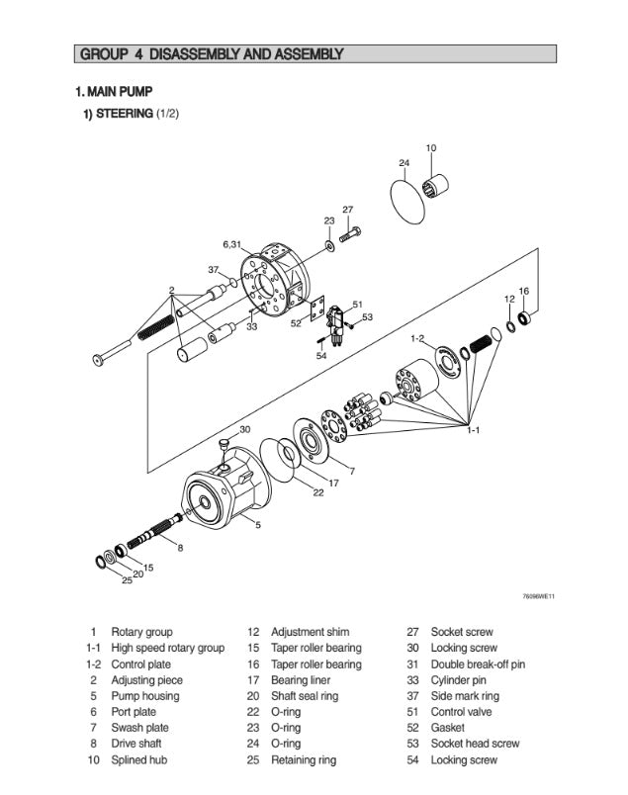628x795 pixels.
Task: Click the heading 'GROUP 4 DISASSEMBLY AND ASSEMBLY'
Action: (x=211, y=53)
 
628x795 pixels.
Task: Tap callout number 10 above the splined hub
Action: (x=430, y=148)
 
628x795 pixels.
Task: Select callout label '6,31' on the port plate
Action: (x=231, y=243)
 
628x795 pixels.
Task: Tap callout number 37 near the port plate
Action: (x=213, y=269)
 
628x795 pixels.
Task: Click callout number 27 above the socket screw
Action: (x=347, y=210)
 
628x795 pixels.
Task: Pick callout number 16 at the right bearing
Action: (x=523, y=291)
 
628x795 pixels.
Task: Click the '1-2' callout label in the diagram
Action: (x=418, y=339)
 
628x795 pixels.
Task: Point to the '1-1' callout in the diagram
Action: (x=474, y=431)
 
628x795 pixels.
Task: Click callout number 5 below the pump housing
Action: (x=258, y=525)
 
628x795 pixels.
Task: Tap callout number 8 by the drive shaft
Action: (x=179, y=546)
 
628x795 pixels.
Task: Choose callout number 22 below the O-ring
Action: (x=318, y=492)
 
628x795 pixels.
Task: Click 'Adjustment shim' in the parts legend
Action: (x=310, y=632)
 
